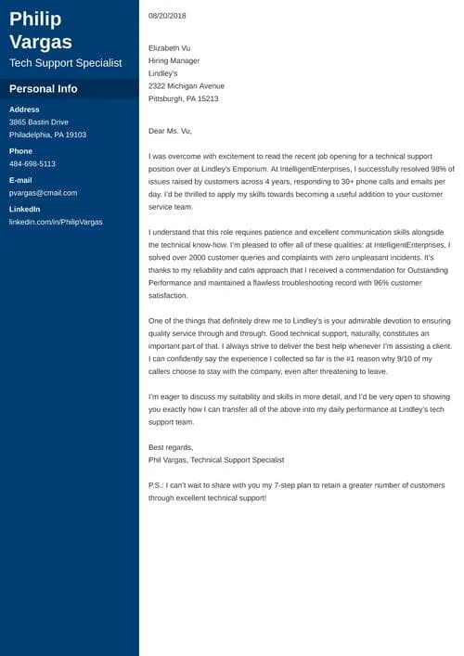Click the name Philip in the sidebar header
click(x=36, y=19)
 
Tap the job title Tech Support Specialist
click(x=65, y=63)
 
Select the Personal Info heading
click(x=43, y=89)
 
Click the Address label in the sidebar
click(x=24, y=109)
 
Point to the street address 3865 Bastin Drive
click(x=39, y=122)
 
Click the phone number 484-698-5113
click(x=32, y=164)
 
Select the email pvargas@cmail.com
click(x=44, y=193)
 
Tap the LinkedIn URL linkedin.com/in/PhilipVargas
click(x=56, y=222)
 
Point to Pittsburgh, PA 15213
click(x=183, y=98)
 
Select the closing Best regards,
click(x=171, y=447)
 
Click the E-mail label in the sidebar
click(x=21, y=180)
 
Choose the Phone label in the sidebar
click(x=20, y=151)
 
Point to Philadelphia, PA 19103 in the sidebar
click(x=47, y=135)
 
